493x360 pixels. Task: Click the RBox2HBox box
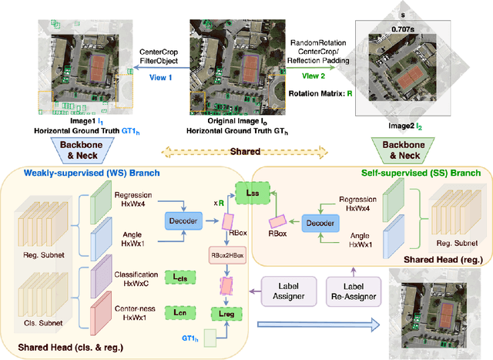(x=228, y=254)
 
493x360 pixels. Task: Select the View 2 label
(x=315, y=76)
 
